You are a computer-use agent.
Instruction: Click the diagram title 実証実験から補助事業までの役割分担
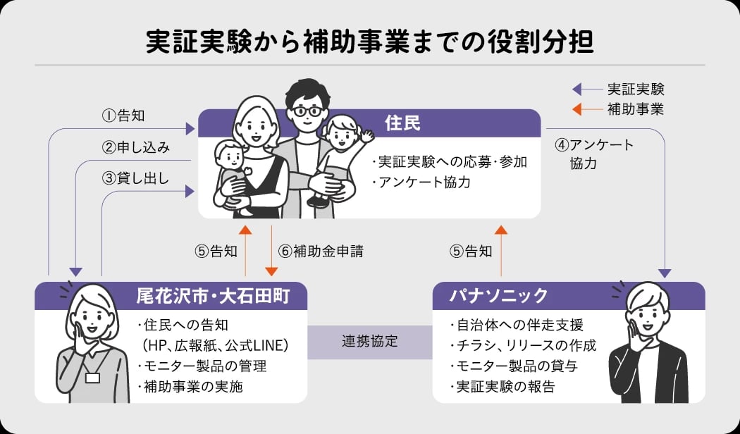(369, 42)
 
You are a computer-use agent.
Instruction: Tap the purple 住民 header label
(402, 123)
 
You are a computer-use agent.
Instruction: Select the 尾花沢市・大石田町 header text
(212, 294)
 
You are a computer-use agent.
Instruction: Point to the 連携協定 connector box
(369, 342)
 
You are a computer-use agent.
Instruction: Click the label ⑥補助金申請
(320, 251)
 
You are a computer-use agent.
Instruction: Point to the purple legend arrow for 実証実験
(584, 89)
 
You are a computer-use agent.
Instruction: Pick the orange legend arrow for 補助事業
(584, 109)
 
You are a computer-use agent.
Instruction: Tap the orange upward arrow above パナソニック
(501, 250)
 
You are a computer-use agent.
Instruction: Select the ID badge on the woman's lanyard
(92, 378)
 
